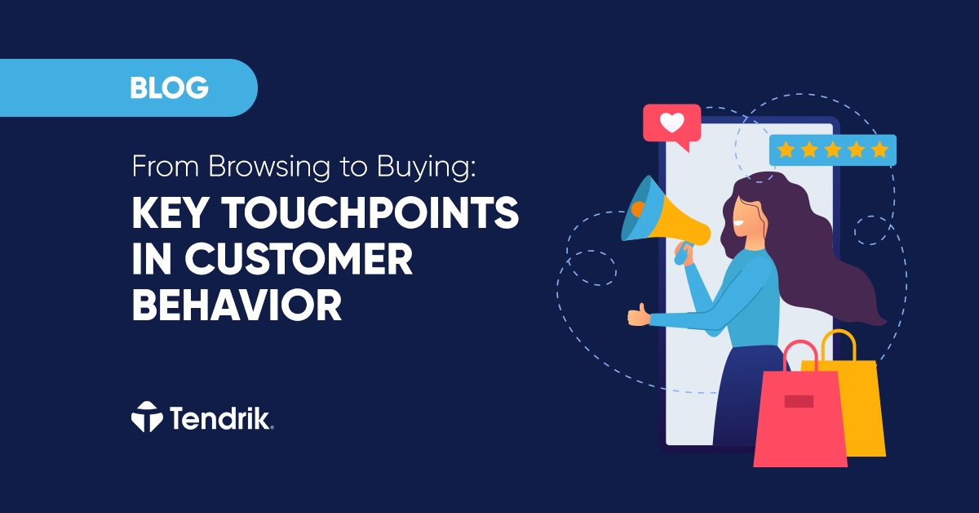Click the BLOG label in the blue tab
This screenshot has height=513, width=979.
pos(169,87)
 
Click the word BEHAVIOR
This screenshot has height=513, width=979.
pos(237,306)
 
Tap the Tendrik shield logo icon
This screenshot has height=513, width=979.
pos(147,417)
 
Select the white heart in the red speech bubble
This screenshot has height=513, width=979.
pos(671,123)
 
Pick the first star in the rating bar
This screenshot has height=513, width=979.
pos(785,149)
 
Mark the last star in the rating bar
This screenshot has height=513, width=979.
pos(879,149)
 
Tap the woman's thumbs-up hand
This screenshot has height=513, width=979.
pos(638,314)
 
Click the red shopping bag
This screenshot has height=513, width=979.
pos(799,417)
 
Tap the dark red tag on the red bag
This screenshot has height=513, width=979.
pos(799,401)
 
